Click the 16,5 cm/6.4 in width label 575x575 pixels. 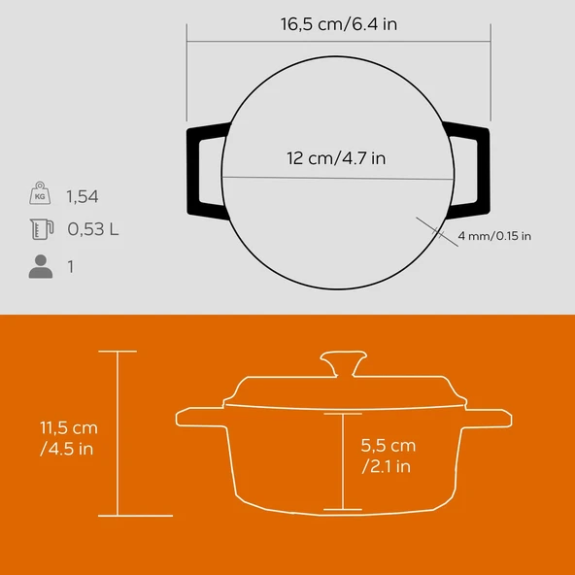(x=337, y=23)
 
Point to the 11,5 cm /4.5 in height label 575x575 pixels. (x=68, y=437)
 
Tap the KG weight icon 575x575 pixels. (x=40, y=195)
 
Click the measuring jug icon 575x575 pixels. (x=40, y=230)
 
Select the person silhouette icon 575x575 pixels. (x=40, y=265)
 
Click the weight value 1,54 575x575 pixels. (x=82, y=196)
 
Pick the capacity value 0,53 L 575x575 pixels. (x=93, y=230)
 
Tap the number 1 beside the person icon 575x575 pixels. (x=70, y=265)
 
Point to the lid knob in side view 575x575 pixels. (x=343, y=366)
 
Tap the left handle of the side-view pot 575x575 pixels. (x=199, y=418)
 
